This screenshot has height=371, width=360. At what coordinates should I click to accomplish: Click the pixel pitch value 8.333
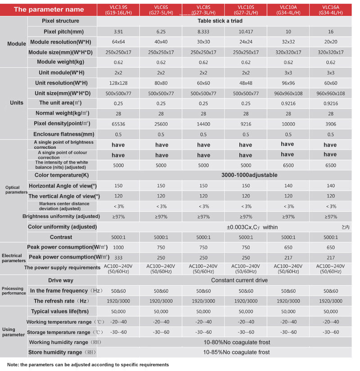[203, 31]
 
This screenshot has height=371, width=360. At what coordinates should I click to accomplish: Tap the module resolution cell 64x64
[118, 42]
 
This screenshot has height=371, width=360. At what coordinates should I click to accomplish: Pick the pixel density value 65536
[118, 124]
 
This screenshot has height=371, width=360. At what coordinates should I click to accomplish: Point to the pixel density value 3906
[331, 124]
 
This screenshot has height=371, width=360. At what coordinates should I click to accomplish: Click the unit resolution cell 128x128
[118, 83]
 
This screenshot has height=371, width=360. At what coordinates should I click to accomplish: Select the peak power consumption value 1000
[118, 247]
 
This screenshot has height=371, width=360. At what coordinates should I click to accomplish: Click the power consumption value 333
[118, 258]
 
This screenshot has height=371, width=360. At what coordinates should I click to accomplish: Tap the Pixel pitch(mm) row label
[63, 31]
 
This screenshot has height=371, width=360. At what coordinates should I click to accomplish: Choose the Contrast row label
[61, 237]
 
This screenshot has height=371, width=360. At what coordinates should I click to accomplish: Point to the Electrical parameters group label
[13, 258]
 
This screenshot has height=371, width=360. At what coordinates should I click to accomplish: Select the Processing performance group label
[13, 291]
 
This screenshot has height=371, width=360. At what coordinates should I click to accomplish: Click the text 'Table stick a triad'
[224, 21]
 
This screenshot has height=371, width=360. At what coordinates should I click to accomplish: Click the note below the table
[88, 365]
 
